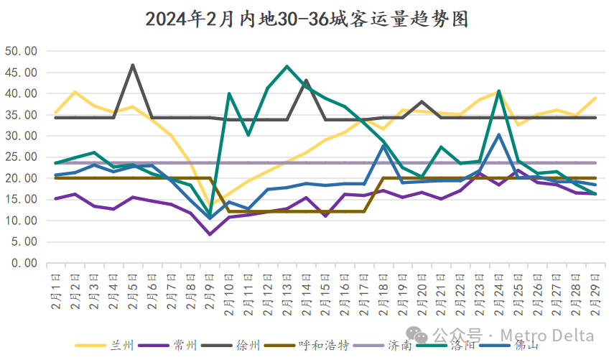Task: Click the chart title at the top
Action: coord(307,19)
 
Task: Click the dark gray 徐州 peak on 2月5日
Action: coord(133,65)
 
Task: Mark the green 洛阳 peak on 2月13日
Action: coord(287,67)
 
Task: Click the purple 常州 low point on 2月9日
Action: coord(210,234)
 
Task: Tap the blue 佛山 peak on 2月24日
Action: coord(498,134)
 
